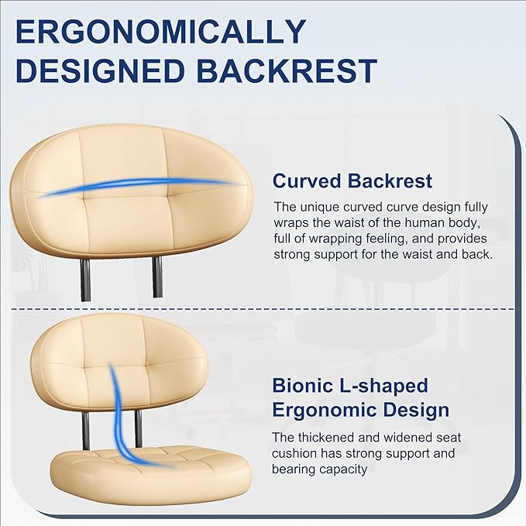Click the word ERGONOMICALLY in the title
[161, 32]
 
